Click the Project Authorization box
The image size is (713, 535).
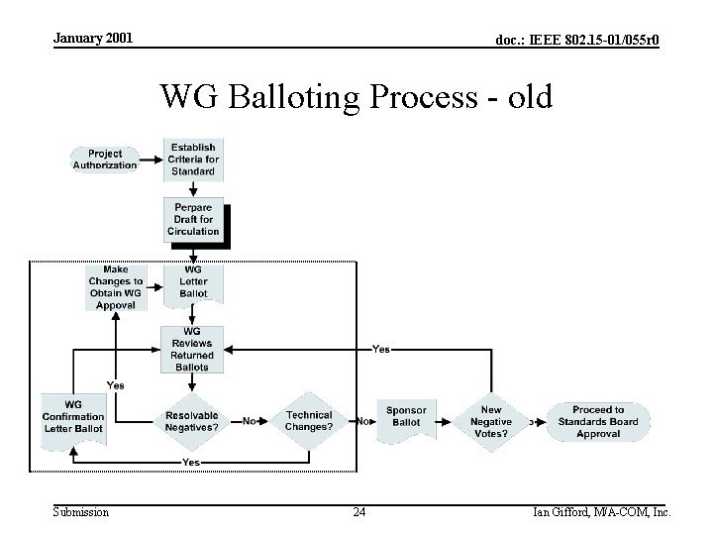tap(105, 160)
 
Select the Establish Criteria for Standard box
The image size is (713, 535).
tap(193, 160)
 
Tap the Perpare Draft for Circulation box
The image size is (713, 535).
tap(193, 220)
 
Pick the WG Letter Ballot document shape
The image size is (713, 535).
tap(193, 281)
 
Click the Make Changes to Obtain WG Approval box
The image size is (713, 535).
tap(116, 287)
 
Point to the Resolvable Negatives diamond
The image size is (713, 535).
tap(192, 421)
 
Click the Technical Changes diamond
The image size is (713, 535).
tap(309, 421)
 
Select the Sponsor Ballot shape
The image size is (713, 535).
tap(406, 417)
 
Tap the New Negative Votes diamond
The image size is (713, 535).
tap(491, 421)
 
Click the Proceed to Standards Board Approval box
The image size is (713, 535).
tap(598, 421)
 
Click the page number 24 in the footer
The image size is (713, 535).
tap(358, 512)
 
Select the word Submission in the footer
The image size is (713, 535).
tap(81, 512)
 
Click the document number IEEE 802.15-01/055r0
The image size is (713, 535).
tap(578, 40)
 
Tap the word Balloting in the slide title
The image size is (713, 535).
tap(302, 98)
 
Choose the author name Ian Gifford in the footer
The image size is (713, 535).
tap(565, 512)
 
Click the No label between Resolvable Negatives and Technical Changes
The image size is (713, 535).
tap(251, 421)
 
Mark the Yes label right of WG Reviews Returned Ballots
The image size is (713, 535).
tap(380, 349)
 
